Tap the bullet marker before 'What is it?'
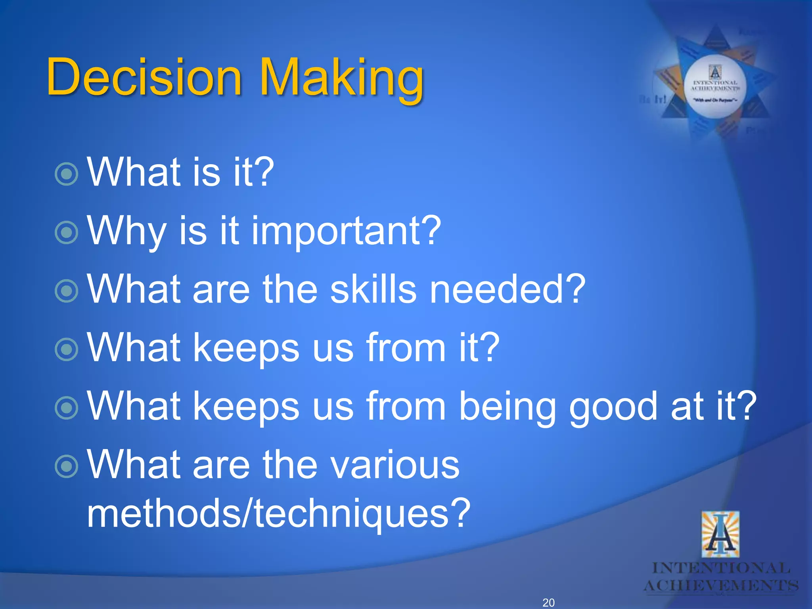tap(66, 174)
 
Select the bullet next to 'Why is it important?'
tap(66, 232)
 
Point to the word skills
tap(373, 289)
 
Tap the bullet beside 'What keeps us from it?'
tap(66, 349)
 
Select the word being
tap(507, 406)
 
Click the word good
tap(613, 406)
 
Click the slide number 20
tap(548, 602)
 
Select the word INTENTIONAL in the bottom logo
tap(721, 568)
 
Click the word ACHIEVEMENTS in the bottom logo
tap(720, 586)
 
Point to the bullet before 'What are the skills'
tap(66, 291)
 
